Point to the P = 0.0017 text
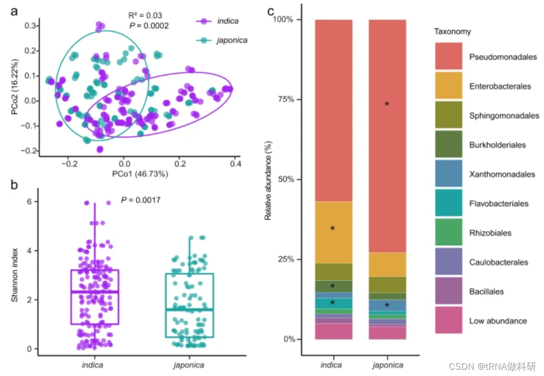point(141,199)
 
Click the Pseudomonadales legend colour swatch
point(448,57)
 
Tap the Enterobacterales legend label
point(499,86)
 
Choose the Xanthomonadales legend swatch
point(448,174)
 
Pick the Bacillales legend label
point(486,292)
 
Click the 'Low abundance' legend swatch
point(448,320)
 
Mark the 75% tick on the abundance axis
point(296,99)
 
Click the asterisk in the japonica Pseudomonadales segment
point(387,105)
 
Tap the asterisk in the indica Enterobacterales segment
point(332,228)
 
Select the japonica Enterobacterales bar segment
point(388,264)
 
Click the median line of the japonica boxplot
point(190,309)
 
